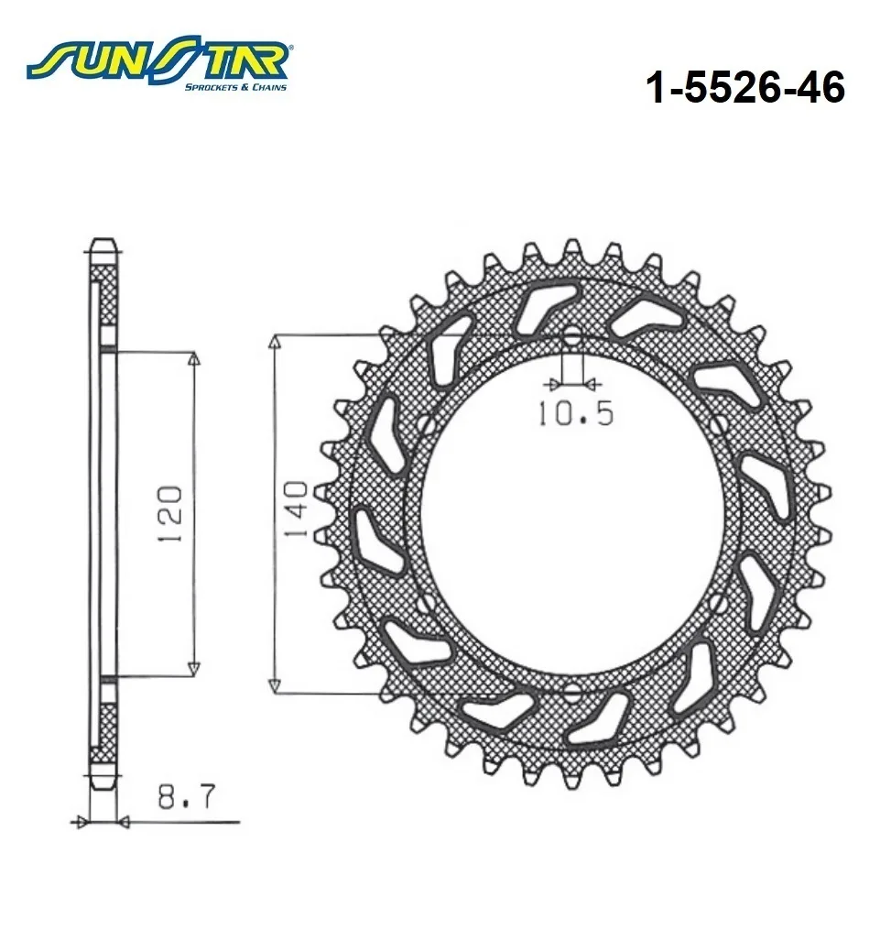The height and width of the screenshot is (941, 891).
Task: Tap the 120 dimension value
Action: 169,514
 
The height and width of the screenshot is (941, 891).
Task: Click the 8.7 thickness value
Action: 187,796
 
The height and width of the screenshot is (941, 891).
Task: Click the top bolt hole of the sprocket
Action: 572,336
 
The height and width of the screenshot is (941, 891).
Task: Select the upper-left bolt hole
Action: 427,425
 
